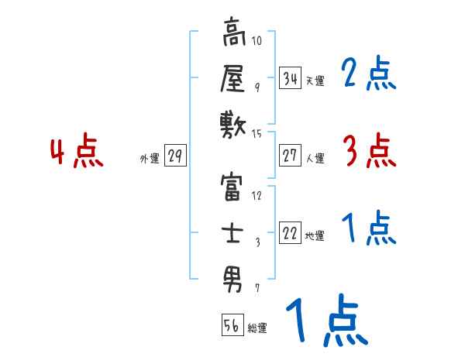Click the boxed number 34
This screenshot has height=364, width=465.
coord(290,78)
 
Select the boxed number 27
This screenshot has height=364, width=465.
coord(290,156)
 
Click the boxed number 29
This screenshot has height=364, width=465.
coord(174,156)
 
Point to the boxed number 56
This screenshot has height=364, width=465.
coord(232,325)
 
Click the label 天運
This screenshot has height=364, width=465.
coord(315,81)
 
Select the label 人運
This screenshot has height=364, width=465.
coord(315,158)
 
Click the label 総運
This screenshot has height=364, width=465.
coord(257,328)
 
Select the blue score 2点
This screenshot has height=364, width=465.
coord(369,74)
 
